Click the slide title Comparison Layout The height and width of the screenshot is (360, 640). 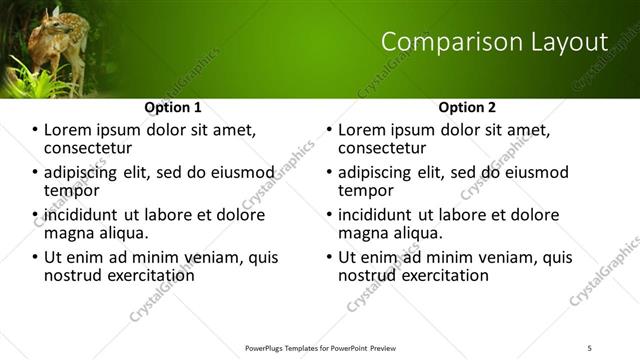495,42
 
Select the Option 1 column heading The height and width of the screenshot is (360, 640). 173,107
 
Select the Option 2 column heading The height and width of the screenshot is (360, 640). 467,107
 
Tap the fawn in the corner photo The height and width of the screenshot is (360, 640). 46,45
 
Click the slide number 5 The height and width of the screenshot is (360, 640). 590,346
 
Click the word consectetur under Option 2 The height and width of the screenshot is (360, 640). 383,149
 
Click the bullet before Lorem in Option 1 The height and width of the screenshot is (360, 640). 34,131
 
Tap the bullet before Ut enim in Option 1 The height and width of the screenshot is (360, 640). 34,257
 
